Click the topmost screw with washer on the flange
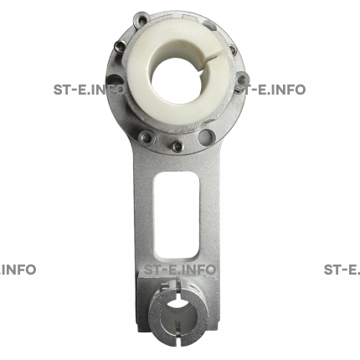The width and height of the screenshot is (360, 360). [x=141, y=19]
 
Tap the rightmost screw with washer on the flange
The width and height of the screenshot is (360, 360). [x=242, y=79]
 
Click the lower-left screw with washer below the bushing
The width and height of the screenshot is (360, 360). [x=147, y=138]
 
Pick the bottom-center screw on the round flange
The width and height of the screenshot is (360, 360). [x=177, y=145]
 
